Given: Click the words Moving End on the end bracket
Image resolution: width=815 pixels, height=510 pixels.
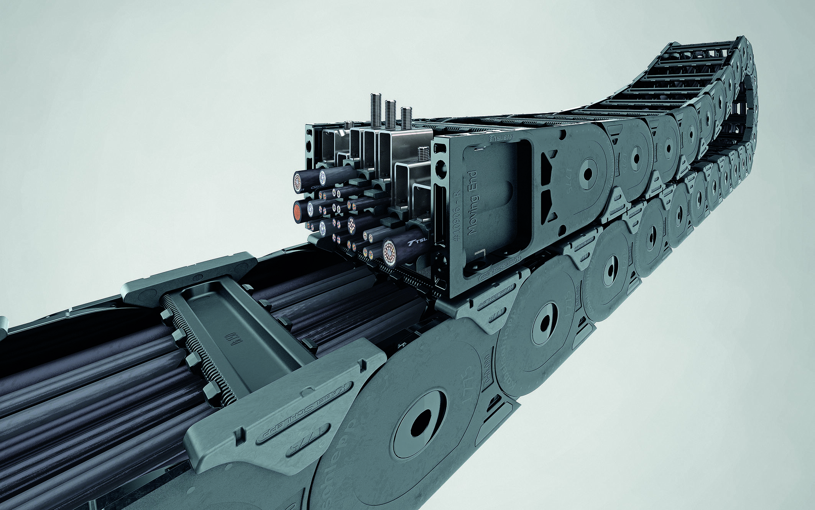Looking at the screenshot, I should [x=473, y=202].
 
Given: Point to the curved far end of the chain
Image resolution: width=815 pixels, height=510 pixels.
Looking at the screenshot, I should [x=748, y=77].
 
